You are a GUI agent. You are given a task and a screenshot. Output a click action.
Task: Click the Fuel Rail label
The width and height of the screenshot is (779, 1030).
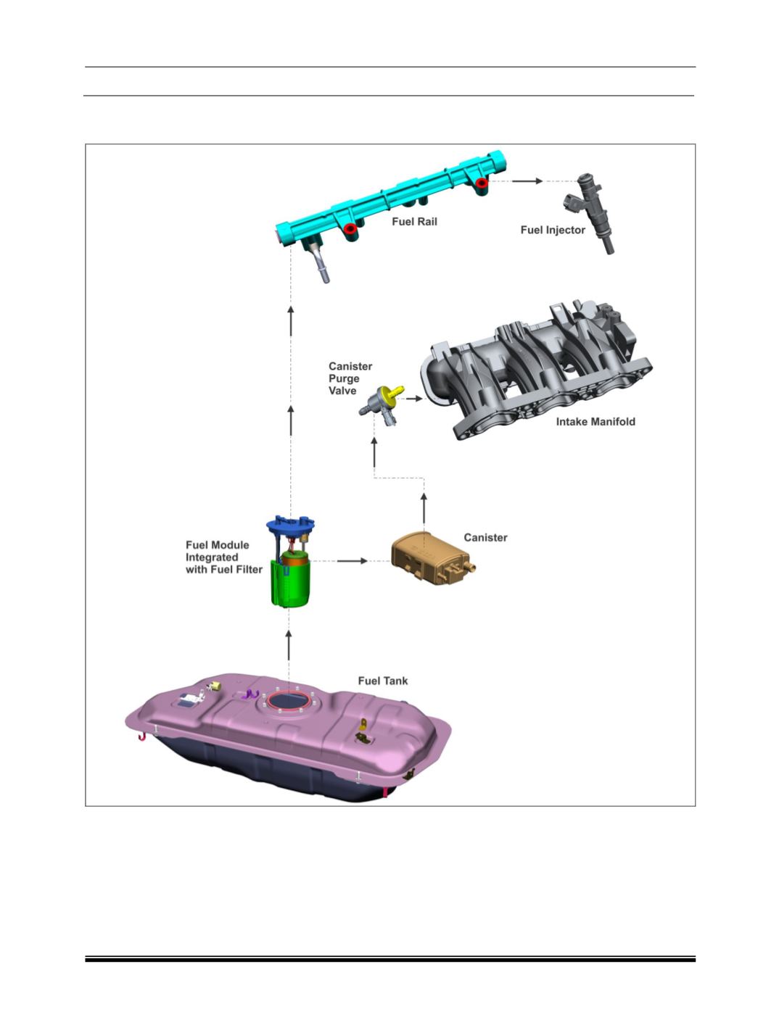tap(414, 222)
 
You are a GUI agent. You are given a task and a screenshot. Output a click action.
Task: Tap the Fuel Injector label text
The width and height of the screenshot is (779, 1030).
tap(553, 230)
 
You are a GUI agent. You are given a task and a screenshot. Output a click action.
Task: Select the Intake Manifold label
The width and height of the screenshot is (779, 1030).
tap(595, 421)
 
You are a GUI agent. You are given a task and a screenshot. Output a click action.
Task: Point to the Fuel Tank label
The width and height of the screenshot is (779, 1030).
tap(383, 681)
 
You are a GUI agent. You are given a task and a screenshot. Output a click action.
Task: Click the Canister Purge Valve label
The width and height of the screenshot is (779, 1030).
tap(350, 378)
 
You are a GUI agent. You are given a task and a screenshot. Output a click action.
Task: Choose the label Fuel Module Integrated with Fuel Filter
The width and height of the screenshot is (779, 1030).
tap(224, 557)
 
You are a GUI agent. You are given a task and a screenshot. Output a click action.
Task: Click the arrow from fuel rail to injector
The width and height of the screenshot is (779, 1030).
tap(527, 181)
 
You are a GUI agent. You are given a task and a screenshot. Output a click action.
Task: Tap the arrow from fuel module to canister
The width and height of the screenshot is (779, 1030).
tap(353, 561)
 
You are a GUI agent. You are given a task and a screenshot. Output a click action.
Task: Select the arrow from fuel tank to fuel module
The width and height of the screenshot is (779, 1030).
tap(289, 646)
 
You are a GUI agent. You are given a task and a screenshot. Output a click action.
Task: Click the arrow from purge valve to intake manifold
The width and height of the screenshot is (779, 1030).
tap(414, 399)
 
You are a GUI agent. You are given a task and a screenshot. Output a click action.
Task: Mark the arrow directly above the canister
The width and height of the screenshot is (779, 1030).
tap(424, 508)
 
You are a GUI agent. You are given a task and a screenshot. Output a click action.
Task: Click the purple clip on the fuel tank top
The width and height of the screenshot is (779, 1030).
tap(250, 694)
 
